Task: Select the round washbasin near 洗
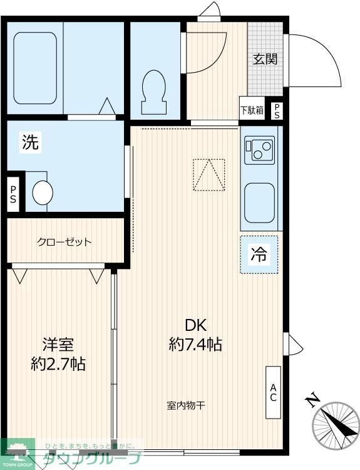pyautogui.click(x=43, y=192)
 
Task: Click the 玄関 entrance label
pyautogui.click(x=265, y=60)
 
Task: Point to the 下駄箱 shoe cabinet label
pyautogui.click(x=252, y=110)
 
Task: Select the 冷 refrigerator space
pyautogui.click(x=259, y=254)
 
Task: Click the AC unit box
pyautogui.click(x=274, y=392)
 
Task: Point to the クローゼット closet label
pyautogui.click(x=64, y=242)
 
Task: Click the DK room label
pyautogui.click(x=195, y=325)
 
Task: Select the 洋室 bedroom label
pyautogui.click(x=58, y=344)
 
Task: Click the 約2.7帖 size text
pyautogui.click(x=58, y=363)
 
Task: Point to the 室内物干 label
pyautogui.click(x=186, y=405)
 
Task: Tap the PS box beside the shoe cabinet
pyautogui.click(x=276, y=110)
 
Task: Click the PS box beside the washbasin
pyautogui.click(x=13, y=196)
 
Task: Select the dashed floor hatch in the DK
pyautogui.click(x=208, y=175)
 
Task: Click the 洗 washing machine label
pyautogui.click(x=30, y=142)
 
